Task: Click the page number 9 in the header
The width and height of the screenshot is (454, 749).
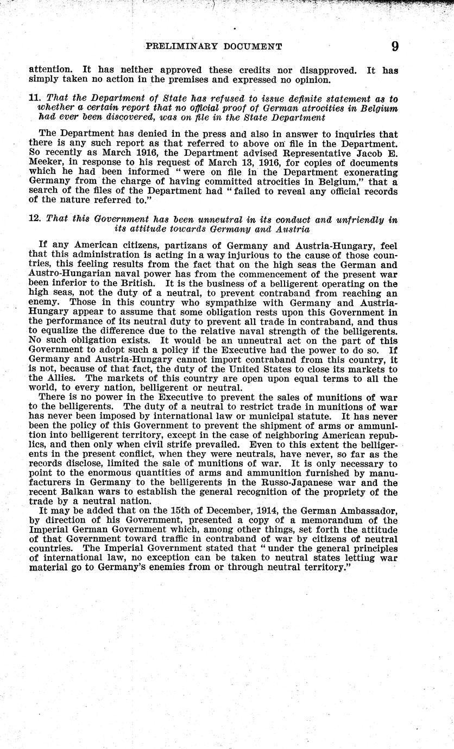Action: pyautogui.click(x=395, y=46)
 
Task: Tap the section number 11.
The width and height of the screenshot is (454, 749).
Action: pyautogui.click(x=34, y=98)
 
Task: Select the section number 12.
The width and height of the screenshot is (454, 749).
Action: pyautogui.click(x=35, y=220)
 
